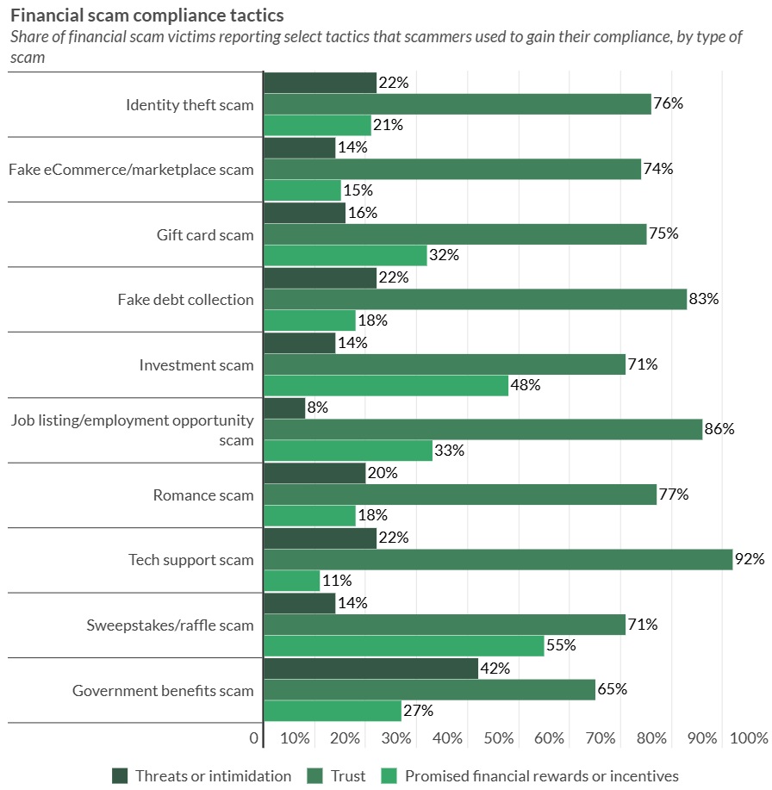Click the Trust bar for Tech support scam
(x=497, y=560)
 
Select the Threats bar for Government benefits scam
(x=370, y=669)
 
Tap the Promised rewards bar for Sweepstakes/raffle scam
(x=403, y=645)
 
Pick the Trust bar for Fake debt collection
(x=475, y=300)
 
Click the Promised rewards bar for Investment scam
(x=385, y=385)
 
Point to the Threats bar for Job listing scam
(x=284, y=407)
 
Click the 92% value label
(x=749, y=560)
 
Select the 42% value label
(x=495, y=669)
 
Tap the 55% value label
(x=562, y=645)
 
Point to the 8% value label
(x=317, y=407)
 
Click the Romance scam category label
(x=203, y=495)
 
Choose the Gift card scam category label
(x=205, y=234)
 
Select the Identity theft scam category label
(x=190, y=105)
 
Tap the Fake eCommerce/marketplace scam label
(x=131, y=170)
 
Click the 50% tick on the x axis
(x=499, y=738)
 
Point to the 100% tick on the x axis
(x=749, y=738)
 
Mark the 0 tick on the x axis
(x=254, y=738)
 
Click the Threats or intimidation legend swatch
(x=120, y=775)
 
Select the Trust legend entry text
(x=348, y=775)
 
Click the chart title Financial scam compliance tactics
(x=146, y=16)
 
